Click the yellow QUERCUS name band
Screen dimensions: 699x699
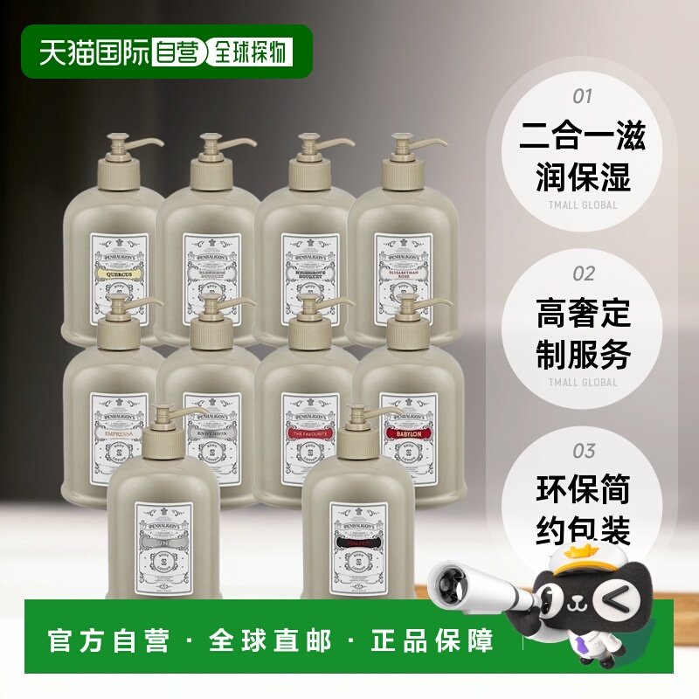[x=120, y=272]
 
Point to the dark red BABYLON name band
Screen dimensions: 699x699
[x=408, y=432]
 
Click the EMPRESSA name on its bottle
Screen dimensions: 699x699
[x=118, y=432]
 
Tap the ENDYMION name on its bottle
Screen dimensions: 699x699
[x=212, y=432]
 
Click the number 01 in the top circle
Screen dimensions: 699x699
[x=582, y=96]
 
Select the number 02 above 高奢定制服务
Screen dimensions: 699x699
[x=583, y=274]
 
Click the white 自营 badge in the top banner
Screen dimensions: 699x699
[x=176, y=52]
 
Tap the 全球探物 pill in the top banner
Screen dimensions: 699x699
[x=248, y=52]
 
